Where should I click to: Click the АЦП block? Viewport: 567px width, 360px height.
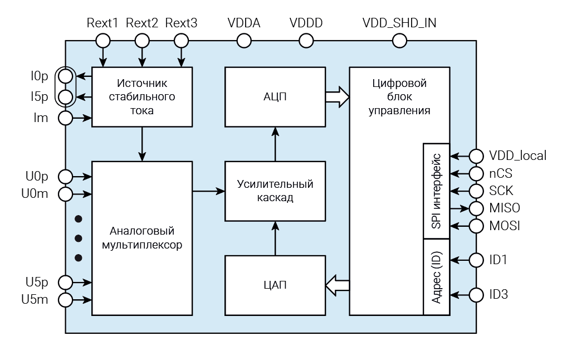[275, 97]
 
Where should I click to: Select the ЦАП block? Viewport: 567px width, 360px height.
[275, 285]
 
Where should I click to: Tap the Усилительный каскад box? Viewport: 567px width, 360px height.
[275, 191]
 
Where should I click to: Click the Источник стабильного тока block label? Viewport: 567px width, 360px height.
[142, 97]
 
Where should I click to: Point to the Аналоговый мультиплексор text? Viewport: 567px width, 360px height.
[142, 237]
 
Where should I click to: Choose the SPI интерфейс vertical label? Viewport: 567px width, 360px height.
[436, 191]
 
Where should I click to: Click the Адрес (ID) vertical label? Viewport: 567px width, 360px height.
[436, 276]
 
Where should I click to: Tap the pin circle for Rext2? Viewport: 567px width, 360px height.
[142, 41]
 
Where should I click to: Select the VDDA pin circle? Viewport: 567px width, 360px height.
[244, 41]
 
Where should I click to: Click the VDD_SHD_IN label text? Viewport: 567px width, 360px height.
[399, 23]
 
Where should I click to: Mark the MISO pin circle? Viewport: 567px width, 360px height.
[476, 208]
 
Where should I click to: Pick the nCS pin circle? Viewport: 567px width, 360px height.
[476, 173]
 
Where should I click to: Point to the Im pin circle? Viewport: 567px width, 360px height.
[66, 118]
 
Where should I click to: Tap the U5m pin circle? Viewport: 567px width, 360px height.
[66, 300]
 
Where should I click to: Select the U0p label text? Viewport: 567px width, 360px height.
[37, 177]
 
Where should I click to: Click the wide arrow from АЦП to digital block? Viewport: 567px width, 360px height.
[336, 97]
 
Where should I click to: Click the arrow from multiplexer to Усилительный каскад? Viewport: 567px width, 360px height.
[209, 191]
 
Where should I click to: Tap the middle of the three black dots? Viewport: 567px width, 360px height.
[79, 237]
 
